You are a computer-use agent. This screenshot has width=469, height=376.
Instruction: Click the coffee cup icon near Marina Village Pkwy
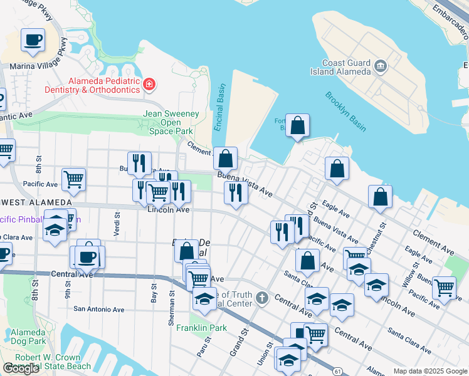[33, 41]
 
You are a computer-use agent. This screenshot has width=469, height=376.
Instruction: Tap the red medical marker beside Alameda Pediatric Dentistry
[149, 85]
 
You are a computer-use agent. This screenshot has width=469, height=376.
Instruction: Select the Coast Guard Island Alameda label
[347, 66]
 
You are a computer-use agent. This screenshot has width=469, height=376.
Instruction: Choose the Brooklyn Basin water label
[345, 112]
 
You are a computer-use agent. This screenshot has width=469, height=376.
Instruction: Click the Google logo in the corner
[21, 368]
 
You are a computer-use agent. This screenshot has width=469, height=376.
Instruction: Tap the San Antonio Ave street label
[99, 309]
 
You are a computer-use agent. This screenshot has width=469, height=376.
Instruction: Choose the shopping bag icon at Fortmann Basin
[298, 126]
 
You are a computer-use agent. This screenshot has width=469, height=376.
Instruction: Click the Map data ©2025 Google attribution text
[430, 370]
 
